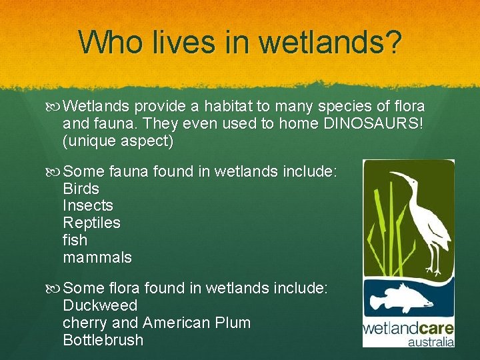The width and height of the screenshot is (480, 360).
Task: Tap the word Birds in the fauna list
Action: pyautogui.click(x=81, y=189)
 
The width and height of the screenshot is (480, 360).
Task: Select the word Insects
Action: pyautogui.click(x=88, y=206)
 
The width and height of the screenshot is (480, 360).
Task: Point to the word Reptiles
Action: pyautogui.click(x=91, y=223)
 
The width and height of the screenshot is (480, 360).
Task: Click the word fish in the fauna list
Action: pyautogui.click(x=75, y=240)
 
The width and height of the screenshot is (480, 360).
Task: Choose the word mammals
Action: pyautogui.click(x=97, y=257)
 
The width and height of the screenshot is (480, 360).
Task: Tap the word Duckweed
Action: pyautogui.click(x=100, y=306)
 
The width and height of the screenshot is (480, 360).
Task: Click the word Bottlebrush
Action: pyautogui.click(x=103, y=341)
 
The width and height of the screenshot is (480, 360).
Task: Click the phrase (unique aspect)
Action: pyautogui.click(x=118, y=141)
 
